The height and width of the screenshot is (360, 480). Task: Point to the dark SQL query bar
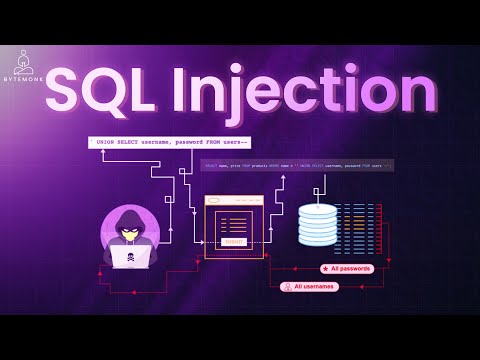pos(297,165)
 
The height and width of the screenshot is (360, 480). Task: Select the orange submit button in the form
pos(234,241)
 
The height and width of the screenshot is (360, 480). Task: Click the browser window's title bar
pos(234,200)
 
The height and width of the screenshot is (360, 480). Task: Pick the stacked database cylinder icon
pos(318,226)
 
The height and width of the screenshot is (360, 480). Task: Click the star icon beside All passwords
pos(326,269)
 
